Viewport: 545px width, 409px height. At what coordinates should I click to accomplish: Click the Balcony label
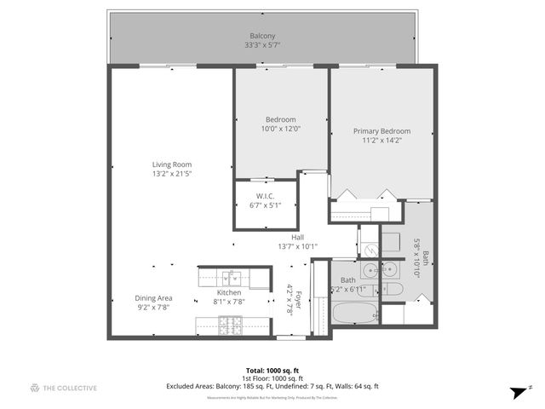click(x=261, y=36)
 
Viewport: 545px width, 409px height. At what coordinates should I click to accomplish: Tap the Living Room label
click(x=172, y=164)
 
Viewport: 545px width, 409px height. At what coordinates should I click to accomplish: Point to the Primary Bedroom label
click(x=381, y=131)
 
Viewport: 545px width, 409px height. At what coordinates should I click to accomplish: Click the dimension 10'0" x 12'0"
click(x=280, y=129)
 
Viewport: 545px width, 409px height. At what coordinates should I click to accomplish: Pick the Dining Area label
click(x=154, y=297)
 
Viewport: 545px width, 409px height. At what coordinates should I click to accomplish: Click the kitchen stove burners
click(x=231, y=324)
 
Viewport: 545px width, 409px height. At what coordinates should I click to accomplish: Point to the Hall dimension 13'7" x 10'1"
click(x=297, y=247)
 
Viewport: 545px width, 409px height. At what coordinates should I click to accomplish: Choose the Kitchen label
click(x=228, y=292)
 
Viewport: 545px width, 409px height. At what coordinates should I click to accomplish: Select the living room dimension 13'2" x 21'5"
click(x=172, y=174)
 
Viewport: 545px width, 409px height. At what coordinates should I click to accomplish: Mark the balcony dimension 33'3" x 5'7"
click(x=261, y=45)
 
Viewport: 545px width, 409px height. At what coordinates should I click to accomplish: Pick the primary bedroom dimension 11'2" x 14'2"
click(x=381, y=141)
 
